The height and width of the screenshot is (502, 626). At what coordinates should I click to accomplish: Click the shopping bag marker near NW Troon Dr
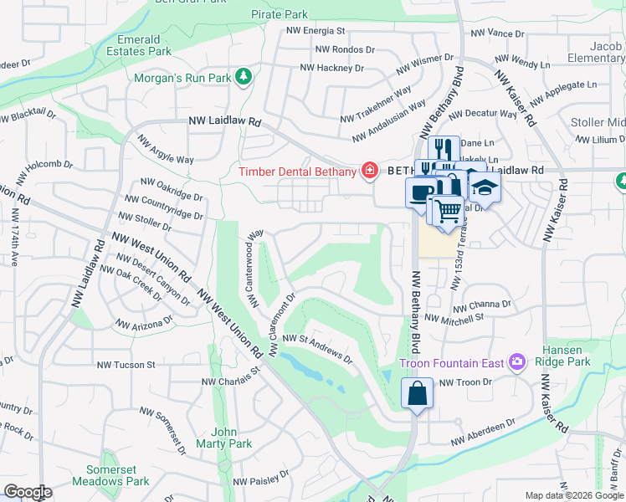(x=416, y=392)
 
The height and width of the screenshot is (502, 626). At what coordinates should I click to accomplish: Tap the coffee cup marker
(x=419, y=193)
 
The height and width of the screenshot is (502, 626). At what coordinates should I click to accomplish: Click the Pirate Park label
(x=280, y=14)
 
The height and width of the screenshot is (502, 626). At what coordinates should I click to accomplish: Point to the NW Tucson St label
(x=126, y=365)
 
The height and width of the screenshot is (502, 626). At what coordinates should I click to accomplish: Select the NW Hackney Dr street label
(x=331, y=68)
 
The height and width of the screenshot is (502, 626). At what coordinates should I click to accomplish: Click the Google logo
(x=28, y=492)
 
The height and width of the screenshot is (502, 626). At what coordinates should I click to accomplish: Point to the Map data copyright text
(x=573, y=495)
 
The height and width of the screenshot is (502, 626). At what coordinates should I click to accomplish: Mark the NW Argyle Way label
(x=165, y=150)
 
